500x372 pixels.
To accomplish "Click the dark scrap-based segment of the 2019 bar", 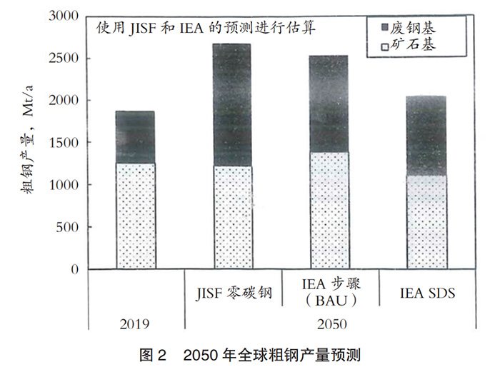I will pyautogui.click(x=135, y=137).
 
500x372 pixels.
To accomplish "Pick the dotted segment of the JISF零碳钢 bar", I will pyautogui.click(x=232, y=218).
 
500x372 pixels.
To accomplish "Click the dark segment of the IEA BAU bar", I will pyautogui.click(x=329, y=104).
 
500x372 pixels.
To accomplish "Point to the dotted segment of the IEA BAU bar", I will pyautogui.click(x=329, y=211).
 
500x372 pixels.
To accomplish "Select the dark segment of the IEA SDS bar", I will pyautogui.click(x=426, y=136).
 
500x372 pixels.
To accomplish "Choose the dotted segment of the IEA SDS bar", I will pyautogui.click(x=426, y=222).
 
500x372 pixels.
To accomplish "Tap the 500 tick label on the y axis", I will pyautogui.click(x=67, y=227).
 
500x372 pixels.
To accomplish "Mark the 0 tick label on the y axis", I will pyautogui.click(x=74, y=269).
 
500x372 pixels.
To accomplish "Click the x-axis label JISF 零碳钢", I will pyautogui.click(x=232, y=293).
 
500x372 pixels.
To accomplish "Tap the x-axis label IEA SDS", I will pyautogui.click(x=427, y=293).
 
